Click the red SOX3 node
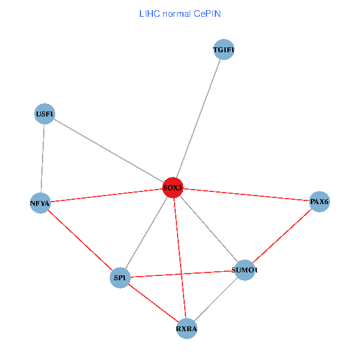click(173, 188)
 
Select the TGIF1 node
click(223, 50)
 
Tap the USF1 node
click(44, 113)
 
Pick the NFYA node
click(40, 203)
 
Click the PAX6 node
click(319, 202)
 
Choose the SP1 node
click(121, 278)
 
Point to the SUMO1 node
click(244, 270)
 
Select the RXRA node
click(187, 329)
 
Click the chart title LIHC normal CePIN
click(180, 13)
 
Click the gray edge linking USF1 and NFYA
click(42, 158)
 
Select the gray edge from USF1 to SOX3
click(108, 150)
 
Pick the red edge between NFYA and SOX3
click(106, 196)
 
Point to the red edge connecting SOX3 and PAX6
click(246, 194)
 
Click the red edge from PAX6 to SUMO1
click(282, 236)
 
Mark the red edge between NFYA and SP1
click(80, 241)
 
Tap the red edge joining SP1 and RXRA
click(154, 303)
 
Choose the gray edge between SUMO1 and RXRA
click(215, 299)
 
